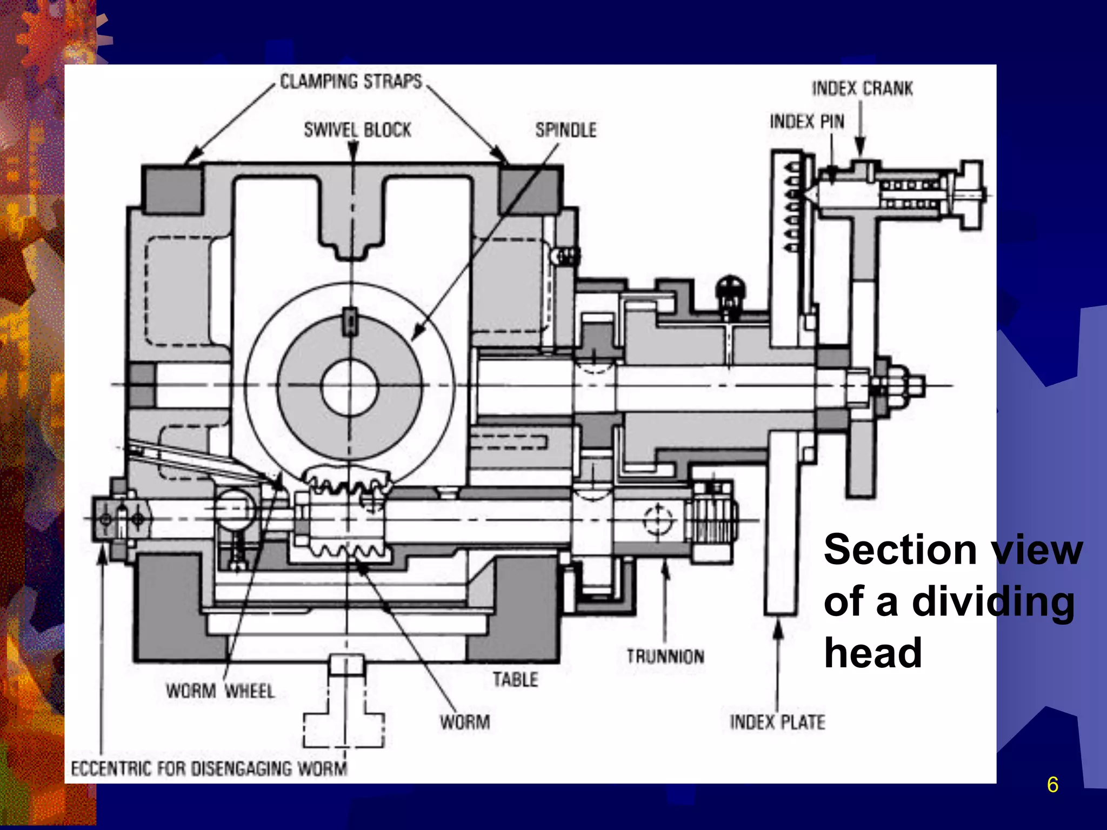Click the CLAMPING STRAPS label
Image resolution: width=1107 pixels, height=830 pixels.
(x=351, y=82)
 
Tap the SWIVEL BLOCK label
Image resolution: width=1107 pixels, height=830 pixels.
(x=357, y=130)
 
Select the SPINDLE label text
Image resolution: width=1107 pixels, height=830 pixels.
(x=566, y=130)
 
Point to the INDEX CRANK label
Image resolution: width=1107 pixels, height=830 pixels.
(x=862, y=88)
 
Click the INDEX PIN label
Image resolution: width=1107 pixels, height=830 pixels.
(x=807, y=122)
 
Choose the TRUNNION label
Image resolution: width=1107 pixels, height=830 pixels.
(x=665, y=657)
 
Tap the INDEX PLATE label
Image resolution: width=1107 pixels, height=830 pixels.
(x=777, y=722)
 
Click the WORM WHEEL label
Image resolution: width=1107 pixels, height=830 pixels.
(x=220, y=691)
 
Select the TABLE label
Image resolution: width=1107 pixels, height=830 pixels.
(x=515, y=679)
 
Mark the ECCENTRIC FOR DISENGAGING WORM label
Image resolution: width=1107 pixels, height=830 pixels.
(x=209, y=768)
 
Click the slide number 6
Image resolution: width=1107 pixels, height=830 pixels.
(x=1052, y=785)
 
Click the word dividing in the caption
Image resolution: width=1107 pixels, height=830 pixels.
(x=993, y=603)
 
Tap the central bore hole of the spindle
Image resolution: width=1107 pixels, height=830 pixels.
(x=349, y=387)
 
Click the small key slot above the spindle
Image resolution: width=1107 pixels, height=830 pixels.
(x=350, y=322)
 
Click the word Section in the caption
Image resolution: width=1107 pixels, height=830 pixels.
(x=899, y=550)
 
